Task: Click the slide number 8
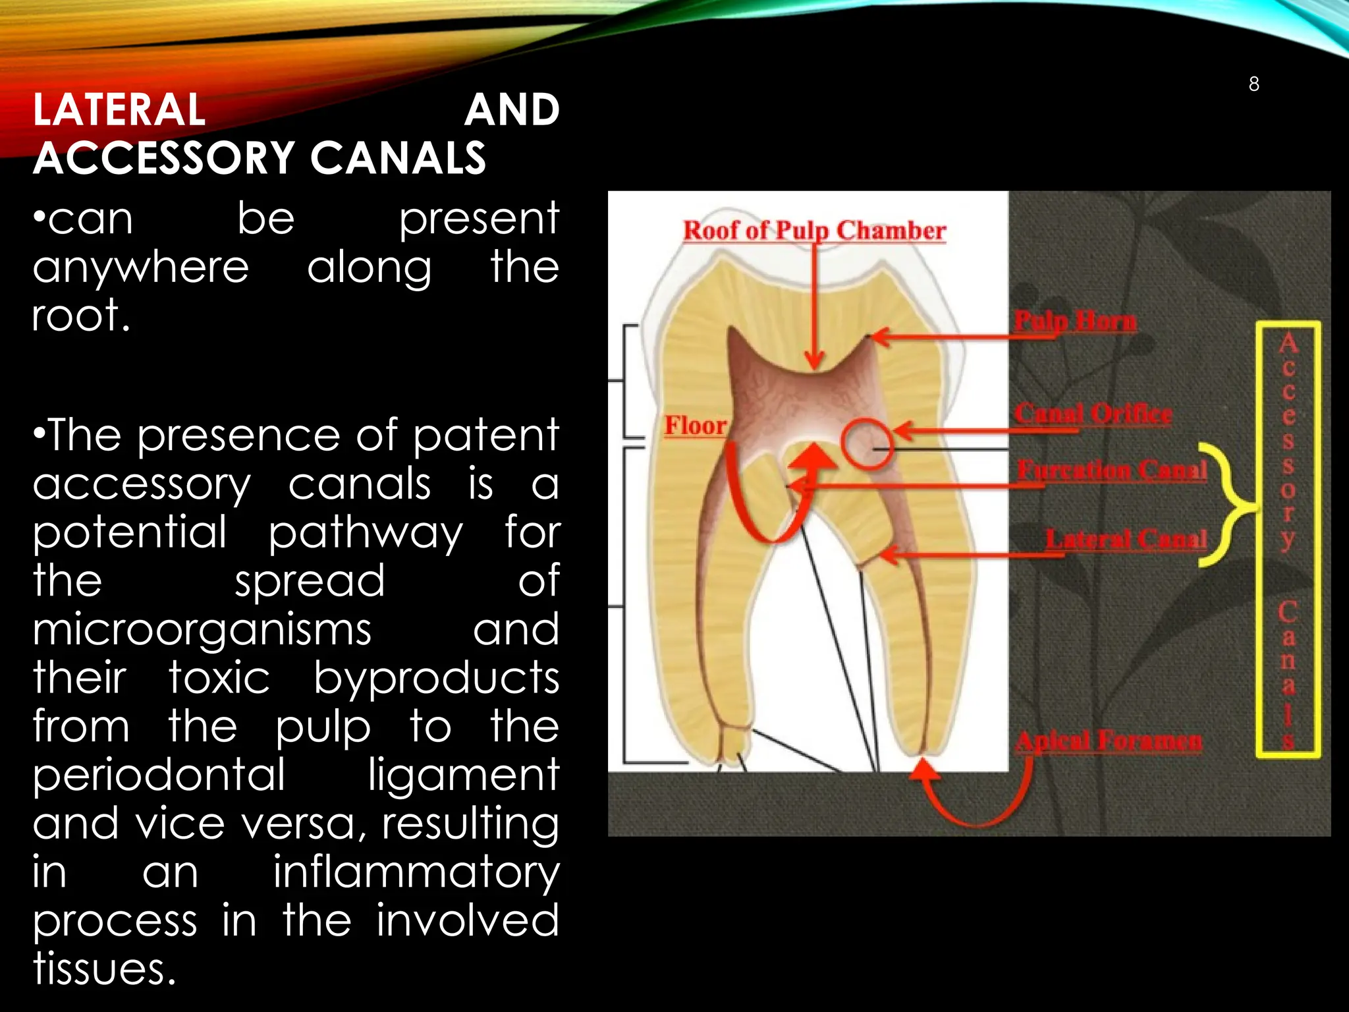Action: click(x=1253, y=84)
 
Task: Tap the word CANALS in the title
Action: click(x=398, y=158)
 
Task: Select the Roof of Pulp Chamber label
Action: click(x=814, y=231)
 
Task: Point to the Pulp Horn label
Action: click(x=1075, y=322)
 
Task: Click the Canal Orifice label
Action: click(x=1093, y=414)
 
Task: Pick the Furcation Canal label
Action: click(x=1112, y=470)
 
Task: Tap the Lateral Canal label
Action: click(x=1126, y=540)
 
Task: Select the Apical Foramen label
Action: click(x=1109, y=741)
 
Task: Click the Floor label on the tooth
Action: click(x=695, y=426)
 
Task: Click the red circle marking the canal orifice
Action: click(x=867, y=443)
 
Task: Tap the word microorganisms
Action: click(x=202, y=629)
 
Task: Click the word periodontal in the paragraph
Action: click(x=159, y=775)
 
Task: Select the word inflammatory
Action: click(x=416, y=872)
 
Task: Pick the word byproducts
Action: click(x=436, y=678)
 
